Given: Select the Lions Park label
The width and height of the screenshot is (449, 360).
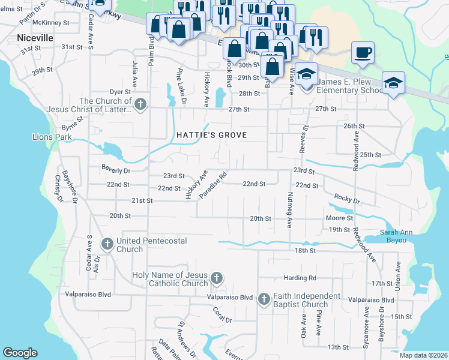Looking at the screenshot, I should click(52, 137).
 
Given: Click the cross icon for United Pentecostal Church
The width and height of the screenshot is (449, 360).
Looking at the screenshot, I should click(107, 244).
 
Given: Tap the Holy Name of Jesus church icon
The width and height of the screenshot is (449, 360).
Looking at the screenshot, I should click(217, 278).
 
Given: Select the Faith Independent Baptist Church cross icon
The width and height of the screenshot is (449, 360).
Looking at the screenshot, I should click(264, 299).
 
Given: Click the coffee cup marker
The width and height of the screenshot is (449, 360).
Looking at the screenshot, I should click(363, 52).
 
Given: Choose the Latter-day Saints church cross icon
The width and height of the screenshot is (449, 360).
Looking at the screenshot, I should click(140, 104).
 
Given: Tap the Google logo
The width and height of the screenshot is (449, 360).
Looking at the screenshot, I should click(20, 353).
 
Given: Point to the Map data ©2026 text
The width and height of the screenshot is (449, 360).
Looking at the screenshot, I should click(423, 355).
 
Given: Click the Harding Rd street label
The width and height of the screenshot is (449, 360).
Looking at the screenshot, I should click(300, 278).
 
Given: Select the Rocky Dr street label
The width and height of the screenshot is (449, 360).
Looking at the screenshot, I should click(346, 199).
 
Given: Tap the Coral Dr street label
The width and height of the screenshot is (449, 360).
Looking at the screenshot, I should click(223, 314).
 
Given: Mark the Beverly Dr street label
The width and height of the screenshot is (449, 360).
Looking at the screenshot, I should click(99, 170).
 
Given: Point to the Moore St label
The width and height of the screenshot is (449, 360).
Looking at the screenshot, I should click(339, 218).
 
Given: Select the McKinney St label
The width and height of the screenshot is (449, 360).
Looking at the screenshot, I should click(51, 22).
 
